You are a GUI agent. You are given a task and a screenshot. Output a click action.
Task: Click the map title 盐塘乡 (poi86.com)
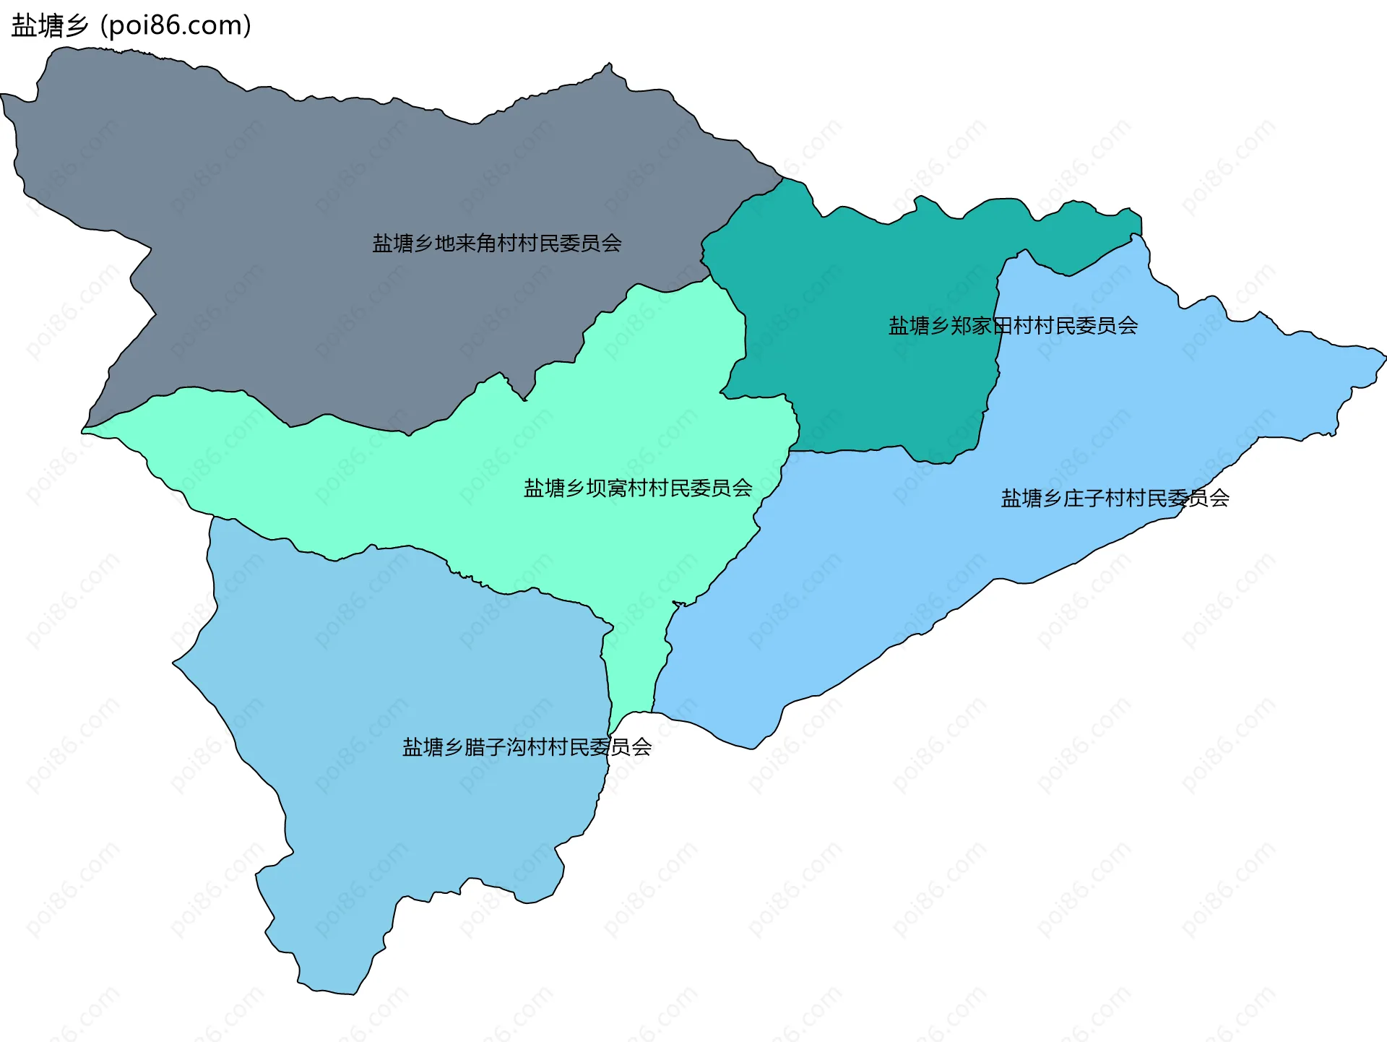point(131,26)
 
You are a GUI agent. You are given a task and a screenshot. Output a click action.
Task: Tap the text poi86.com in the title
point(176,26)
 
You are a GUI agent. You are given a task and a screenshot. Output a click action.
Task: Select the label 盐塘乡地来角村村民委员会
point(497,244)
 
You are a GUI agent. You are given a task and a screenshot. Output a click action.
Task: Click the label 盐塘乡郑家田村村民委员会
point(1013,326)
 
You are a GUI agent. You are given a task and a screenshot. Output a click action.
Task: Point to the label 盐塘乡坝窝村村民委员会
point(638,488)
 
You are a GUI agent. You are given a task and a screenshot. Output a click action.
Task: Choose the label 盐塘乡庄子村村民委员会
point(1115,499)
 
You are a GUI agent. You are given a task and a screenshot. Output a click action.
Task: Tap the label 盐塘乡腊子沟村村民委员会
point(527,747)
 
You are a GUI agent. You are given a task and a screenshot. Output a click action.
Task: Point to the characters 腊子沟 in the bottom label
point(495,747)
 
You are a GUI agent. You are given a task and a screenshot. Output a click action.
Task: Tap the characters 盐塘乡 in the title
point(49,26)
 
